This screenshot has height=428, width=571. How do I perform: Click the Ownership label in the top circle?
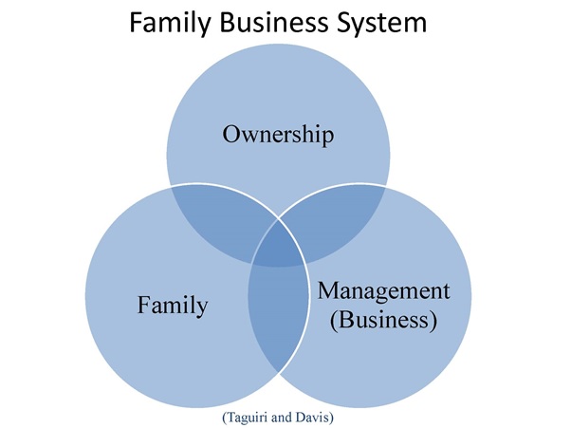pos(278,134)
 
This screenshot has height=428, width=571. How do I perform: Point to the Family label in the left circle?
pos(173,306)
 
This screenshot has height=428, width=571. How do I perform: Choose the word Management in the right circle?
pos(382,290)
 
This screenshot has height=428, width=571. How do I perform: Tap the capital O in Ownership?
pos(230,134)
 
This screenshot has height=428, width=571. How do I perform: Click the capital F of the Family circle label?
pos(143,306)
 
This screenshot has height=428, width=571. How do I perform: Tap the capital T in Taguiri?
pos(230,415)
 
